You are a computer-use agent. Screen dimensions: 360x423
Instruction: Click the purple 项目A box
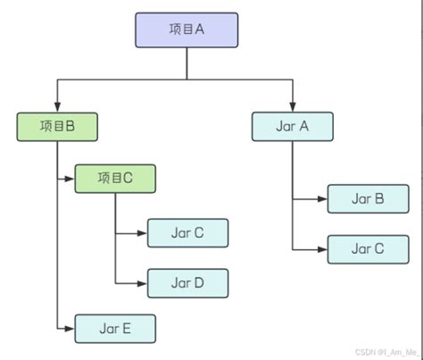(187, 29)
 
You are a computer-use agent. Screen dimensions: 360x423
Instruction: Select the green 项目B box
(57, 127)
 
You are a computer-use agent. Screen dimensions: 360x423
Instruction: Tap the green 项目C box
(115, 178)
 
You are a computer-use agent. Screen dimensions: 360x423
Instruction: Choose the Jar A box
(292, 126)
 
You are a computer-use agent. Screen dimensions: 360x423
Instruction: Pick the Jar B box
(368, 198)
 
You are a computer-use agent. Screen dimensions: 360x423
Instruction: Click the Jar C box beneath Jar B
(368, 249)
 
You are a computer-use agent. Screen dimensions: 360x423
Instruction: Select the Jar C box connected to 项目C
(187, 232)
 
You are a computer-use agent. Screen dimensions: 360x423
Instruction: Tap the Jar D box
(187, 282)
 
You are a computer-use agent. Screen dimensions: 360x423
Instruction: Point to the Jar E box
(115, 329)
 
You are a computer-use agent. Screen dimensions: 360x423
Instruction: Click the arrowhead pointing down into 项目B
(57, 107)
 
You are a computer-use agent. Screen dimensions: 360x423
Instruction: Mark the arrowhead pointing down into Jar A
(292, 107)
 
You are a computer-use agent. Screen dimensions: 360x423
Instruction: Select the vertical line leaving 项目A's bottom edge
(187, 63)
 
